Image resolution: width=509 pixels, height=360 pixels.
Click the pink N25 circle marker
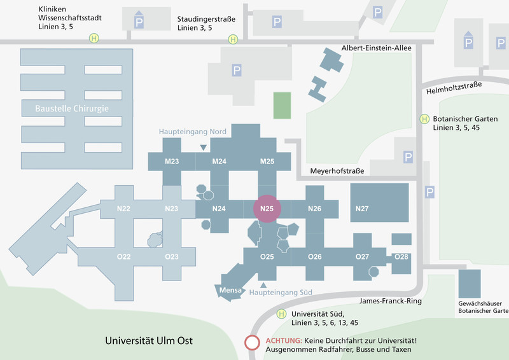tap(267, 209)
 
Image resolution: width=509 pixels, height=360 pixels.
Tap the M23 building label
tap(172, 162)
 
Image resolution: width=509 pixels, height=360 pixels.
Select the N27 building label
tap(362, 209)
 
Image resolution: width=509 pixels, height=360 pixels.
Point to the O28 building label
tap(401, 257)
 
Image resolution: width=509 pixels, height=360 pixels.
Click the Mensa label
tap(230, 290)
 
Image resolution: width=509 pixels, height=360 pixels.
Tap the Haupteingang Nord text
tap(193, 132)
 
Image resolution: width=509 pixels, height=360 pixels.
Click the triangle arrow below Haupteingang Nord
tap(203, 148)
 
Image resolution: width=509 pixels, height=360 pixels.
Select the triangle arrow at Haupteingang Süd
tap(263, 286)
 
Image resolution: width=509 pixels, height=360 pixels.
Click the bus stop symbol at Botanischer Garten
tap(424, 119)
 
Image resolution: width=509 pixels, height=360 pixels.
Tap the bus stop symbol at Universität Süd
tap(281, 314)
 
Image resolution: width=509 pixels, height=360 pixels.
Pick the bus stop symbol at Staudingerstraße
tap(233, 39)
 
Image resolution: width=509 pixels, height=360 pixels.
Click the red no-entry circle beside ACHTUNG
tap(252, 343)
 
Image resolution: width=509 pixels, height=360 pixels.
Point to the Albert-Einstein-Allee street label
tap(376, 48)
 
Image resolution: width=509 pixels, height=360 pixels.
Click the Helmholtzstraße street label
tap(454, 88)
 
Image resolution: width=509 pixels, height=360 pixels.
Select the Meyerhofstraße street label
tap(337, 170)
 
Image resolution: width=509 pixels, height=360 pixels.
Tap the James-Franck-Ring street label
tap(390, 301)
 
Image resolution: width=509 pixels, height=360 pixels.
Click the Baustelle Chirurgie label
tap(72, 108)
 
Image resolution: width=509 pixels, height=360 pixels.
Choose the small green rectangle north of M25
tap(282, 106)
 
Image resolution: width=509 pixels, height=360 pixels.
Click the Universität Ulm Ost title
tap(149, 340)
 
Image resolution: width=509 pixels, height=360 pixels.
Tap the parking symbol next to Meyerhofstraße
tap(408, 157)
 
